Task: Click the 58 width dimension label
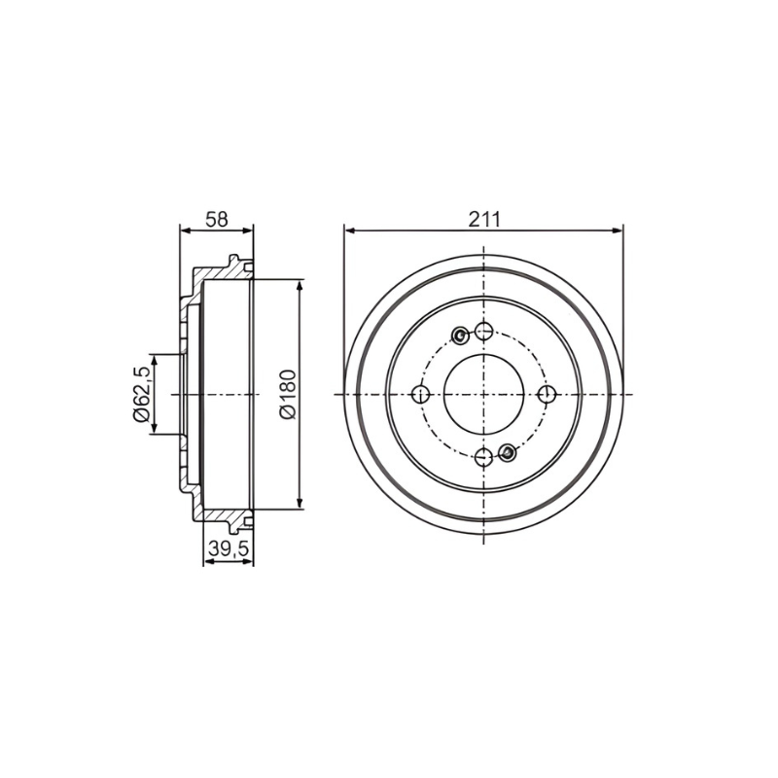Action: pos(217,219)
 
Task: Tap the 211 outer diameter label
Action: pos(484,219)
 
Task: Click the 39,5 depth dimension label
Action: pos(228,548)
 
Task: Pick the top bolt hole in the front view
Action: pos(483,331)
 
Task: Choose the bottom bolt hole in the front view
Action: pos(483,457)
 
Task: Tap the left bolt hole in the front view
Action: pos(421,395)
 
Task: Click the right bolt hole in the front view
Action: pos(547,395)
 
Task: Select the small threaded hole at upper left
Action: pos(461,336)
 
